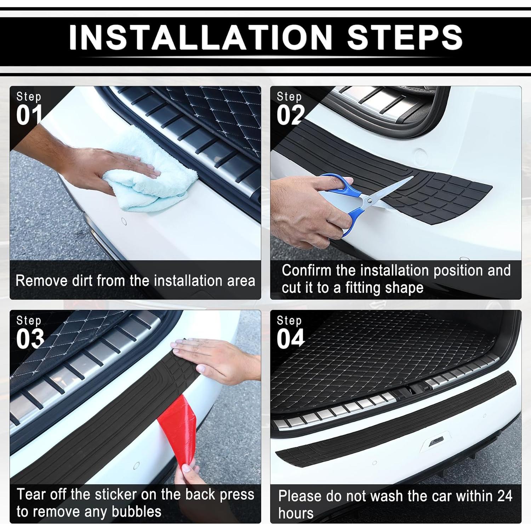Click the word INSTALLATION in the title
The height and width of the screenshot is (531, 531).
pos(201,38)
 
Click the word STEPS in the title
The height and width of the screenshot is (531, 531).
pos(405,38)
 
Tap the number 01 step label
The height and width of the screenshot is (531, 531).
pos(29,115)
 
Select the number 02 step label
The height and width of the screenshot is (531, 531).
pos(291,115)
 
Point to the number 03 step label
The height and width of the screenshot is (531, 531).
pos(30,339)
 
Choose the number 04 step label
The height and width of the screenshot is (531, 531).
pos(291,339)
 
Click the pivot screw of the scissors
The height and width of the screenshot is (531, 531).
pos(370,201)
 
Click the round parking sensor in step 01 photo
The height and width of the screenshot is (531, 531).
pos(124,221)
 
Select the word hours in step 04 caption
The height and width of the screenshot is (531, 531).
pos(296,513)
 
